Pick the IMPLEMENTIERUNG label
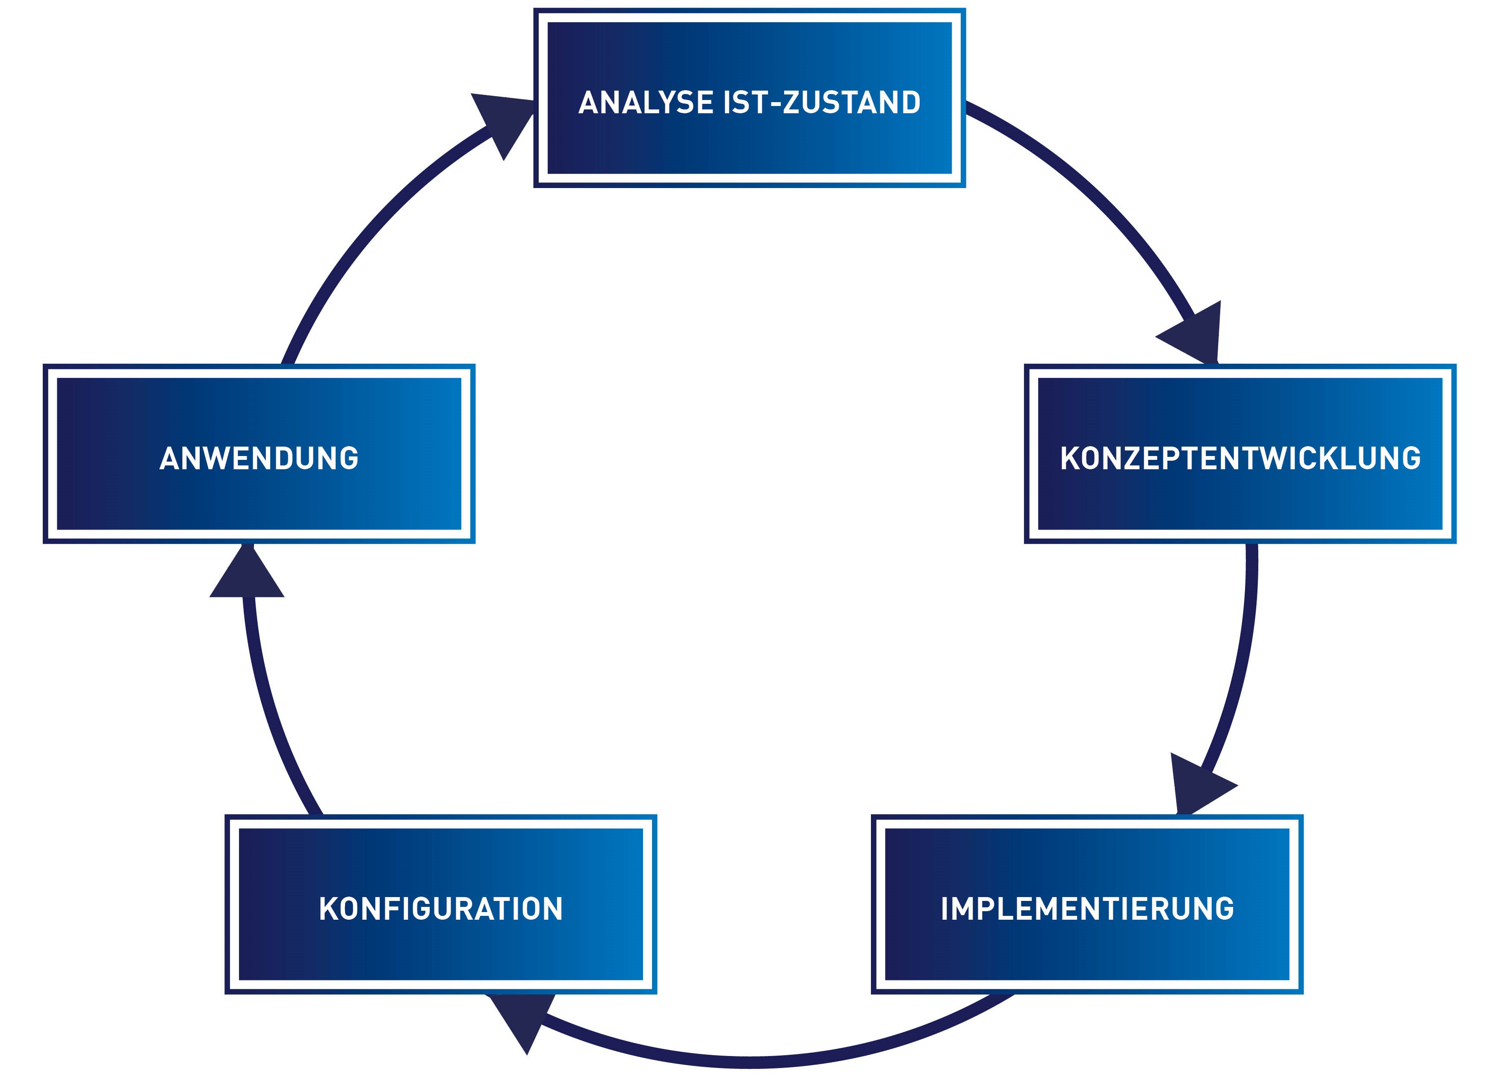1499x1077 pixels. point(1087,909)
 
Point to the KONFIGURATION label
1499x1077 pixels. point(441,909)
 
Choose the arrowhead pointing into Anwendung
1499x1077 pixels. point(247,571)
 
